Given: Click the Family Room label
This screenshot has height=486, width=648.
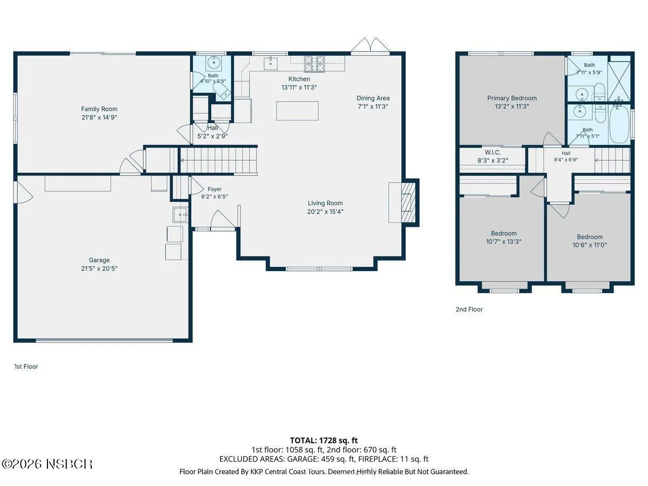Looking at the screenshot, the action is click(x=99, y=109).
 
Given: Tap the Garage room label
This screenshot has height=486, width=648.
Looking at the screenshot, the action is click(x=99, y=260).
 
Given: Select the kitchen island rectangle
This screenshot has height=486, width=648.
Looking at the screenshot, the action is click(x=298, y=111).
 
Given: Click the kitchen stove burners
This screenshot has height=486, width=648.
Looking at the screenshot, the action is click(x=314, y=64).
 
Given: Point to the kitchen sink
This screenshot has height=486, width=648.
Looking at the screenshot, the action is click(x=271, y=64).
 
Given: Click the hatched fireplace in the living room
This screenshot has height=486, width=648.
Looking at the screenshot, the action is click(x=408, y=202).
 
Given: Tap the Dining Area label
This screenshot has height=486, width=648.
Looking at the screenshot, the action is click(x=373, y=98).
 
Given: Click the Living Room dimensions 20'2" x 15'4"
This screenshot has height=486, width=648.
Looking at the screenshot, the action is click(x=325, y=212).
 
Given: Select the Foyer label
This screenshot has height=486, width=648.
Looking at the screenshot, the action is click(x=214, y=189).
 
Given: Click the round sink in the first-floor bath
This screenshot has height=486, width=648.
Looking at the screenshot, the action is click(x=212, y=62).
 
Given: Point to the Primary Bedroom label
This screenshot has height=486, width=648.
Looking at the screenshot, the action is click(x=512, y=98).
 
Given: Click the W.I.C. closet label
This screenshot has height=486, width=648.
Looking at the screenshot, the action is click(x=492, y=152).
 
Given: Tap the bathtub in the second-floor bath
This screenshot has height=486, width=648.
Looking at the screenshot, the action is click(x=619, y=124).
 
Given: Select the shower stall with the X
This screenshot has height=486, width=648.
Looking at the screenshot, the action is click(x=619, y=81).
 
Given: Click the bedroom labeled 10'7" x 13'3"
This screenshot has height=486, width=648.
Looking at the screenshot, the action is click(x=504, y=237).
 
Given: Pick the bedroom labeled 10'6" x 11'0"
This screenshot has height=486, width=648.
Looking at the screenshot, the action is click(x=589, y=240).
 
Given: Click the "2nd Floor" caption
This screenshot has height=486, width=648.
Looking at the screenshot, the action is click(x=469, y=309).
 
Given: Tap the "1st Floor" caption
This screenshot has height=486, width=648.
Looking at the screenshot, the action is click(x=26, y=367).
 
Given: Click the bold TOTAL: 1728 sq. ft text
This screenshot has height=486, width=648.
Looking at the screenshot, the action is click(x=324, y=441).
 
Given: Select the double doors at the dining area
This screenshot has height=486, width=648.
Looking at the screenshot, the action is click(x=370, y=46).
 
